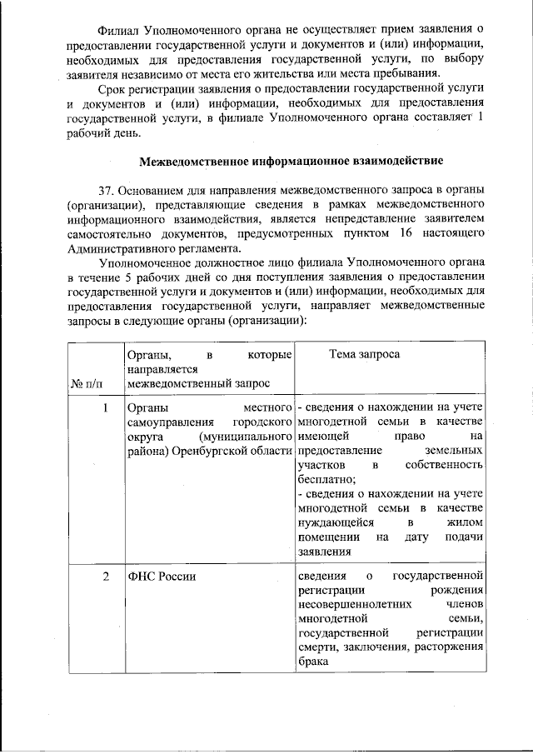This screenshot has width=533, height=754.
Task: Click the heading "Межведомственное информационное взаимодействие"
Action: point(291,159)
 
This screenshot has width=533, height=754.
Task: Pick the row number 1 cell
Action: point(107,408)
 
